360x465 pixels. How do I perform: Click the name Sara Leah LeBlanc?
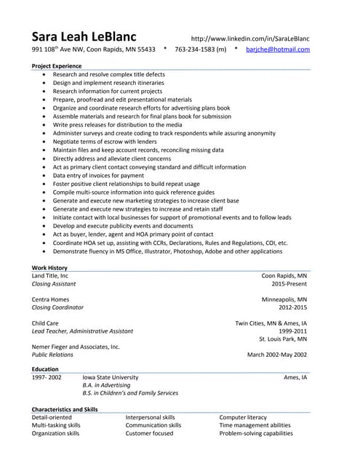coord(94,36)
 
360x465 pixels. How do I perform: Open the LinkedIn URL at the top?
coord(249,38)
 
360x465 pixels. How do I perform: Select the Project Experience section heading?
coord(57,66)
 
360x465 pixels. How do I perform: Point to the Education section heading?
coord(45,369)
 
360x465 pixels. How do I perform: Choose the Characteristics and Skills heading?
coord(65,409)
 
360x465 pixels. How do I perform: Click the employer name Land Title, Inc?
coord(50,276)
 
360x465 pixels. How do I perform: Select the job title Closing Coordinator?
coord(57,307)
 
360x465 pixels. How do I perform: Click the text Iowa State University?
coord(110,378)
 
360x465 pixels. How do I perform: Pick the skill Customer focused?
coord(149,433)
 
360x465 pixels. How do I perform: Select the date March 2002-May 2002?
coord(277,355)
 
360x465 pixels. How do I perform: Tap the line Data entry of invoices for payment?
coord(98,175)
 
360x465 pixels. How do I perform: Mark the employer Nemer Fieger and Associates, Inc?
coord(76,347)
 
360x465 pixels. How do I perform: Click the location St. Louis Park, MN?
coord(283,339)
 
